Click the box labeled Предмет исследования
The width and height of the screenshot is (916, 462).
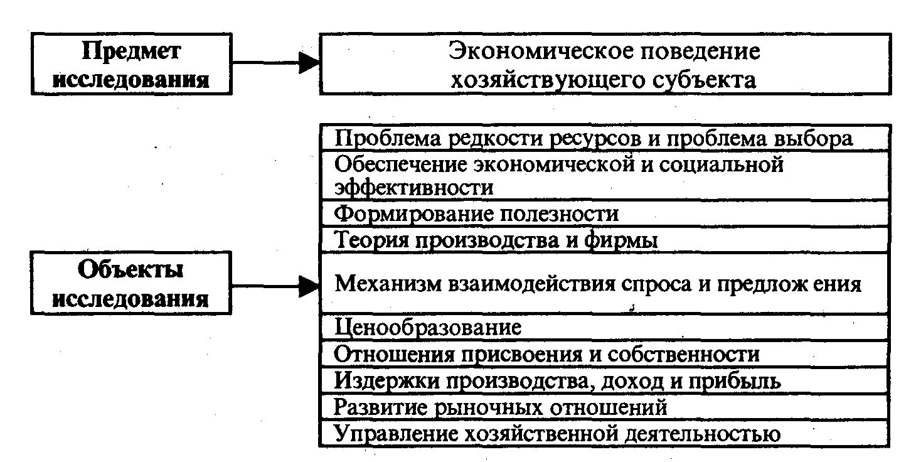coord(131,64)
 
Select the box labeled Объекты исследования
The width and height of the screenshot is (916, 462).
coord(131,282)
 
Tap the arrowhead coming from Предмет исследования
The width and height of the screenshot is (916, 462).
coord(309,63)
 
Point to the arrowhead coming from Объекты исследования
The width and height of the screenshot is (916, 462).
coord(309,286)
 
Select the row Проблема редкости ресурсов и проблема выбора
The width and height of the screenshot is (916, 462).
coord(593,137)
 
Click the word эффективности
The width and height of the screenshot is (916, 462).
coord(413,187)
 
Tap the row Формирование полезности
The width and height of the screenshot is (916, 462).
coord(476,214)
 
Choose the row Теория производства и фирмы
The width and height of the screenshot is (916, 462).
coord(496,240)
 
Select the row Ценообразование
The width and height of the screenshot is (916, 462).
coord(427,327)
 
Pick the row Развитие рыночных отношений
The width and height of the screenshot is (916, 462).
coord(500,407)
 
